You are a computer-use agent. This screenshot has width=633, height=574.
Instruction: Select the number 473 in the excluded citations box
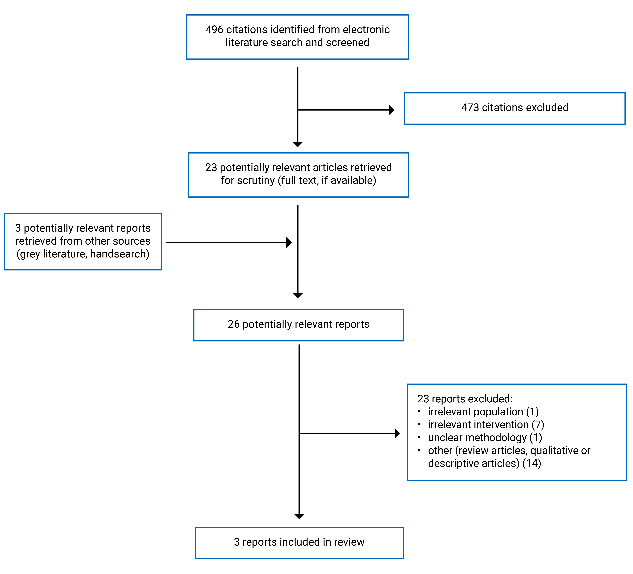(x=470, y=108)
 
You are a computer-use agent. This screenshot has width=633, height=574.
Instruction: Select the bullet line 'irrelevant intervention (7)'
(x=486, y=424)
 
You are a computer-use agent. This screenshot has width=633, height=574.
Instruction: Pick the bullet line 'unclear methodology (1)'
(x=485, y=437)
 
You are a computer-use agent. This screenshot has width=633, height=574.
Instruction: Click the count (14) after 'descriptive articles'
(x=532, y=463)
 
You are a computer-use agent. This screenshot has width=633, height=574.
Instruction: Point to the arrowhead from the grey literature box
(x=289, y=243)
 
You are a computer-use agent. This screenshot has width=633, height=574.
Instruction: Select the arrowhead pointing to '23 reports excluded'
(x=397, y=434)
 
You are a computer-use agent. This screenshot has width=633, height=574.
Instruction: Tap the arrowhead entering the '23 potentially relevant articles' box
(x=298, y=144)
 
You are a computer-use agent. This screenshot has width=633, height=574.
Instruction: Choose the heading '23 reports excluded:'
(x=465, y=399)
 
